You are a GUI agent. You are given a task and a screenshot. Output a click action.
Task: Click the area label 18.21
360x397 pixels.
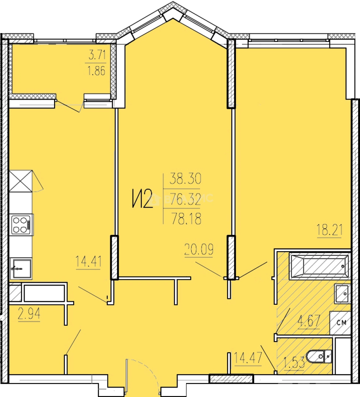329,230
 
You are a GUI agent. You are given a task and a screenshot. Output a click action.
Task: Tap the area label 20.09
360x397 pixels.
199,249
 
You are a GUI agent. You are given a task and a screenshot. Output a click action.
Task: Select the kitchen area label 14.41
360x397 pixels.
89,262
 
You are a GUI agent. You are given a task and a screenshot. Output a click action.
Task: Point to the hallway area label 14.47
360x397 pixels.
247,358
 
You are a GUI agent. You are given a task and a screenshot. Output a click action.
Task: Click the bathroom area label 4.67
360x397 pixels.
309,321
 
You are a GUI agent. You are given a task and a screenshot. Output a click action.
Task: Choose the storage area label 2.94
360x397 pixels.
29,314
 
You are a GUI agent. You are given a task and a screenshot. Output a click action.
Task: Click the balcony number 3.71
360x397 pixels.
97,55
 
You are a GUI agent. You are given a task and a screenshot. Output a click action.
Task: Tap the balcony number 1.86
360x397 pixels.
96,71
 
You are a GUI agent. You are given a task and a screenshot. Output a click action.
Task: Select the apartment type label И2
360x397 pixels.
143,199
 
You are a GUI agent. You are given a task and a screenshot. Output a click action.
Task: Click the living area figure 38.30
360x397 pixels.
185,179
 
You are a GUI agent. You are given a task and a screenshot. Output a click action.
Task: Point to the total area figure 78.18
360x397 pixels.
186,218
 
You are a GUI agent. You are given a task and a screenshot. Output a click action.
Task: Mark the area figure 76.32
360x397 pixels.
185,199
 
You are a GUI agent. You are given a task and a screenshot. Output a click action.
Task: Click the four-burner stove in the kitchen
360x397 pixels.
22,225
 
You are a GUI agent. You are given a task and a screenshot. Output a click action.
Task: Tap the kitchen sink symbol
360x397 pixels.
21,268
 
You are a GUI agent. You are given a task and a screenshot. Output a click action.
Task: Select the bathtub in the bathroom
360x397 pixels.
320,265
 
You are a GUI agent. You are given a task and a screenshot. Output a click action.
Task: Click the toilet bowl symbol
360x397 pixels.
319,357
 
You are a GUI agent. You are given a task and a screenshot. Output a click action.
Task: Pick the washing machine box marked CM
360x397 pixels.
340,323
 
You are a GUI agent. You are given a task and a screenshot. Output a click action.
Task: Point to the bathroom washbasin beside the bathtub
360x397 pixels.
342,294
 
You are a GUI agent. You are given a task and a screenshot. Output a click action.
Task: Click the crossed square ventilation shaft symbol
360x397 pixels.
21,181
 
